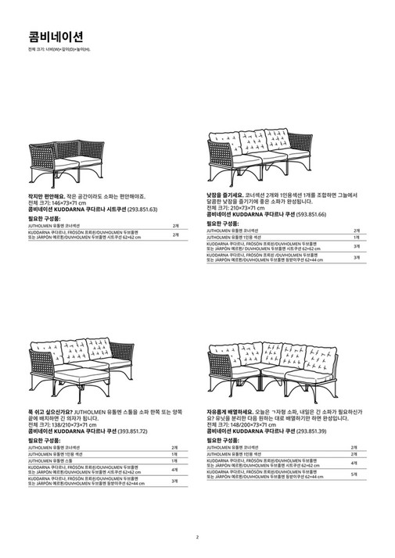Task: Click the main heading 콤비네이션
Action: (48, 36)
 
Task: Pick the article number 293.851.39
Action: (321, 431)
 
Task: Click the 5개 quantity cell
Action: (354, 474)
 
